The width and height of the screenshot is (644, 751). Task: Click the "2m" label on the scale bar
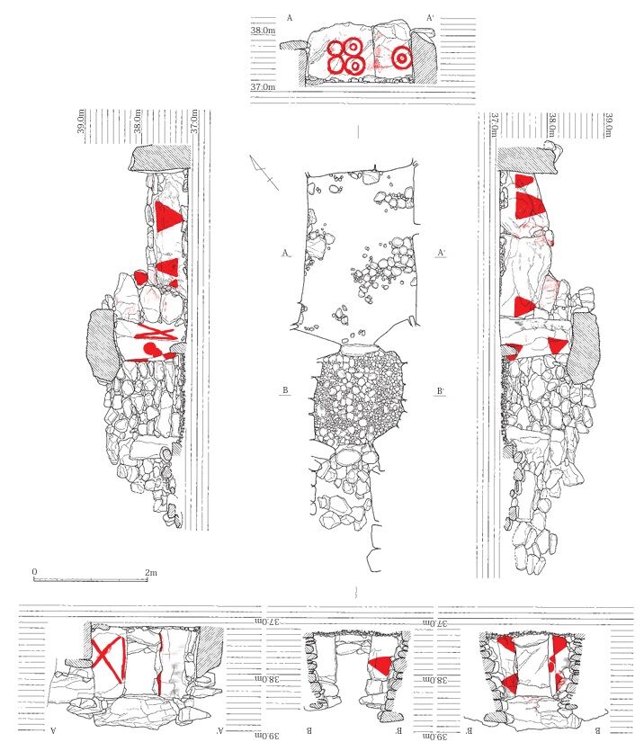pyautogui.click(x=151, y=572)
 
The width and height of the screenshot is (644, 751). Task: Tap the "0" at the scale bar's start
pyautogui.click(x=34, y=572)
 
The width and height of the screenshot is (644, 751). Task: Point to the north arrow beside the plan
pyautogui.click(x=264, y=172)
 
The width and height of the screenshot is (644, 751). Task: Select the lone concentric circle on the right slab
pyautogui.click(x=402, y=58)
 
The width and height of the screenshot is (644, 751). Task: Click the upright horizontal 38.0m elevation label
pyautogui.click(x=263, y=31)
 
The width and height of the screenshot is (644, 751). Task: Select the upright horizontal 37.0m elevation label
pyautogui.click(x=263, y=87)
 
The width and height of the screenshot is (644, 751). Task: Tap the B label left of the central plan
pyautogui.click(x=285, y=390)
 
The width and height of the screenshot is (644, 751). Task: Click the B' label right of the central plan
pyautogui.click(x=441, y=391)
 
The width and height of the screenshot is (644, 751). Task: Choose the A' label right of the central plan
pyautogui.click(x=442, y=253)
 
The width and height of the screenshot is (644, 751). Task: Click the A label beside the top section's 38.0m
pyautogui.click(x=290, y=18)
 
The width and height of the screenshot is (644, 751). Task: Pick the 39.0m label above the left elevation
pyautogui.click(x=81, y=121)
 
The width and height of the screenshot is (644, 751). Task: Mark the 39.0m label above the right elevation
pyautogui.click(x=609, y=124)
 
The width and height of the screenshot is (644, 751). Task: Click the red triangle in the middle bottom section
pyautogui.click(x=380, y=665)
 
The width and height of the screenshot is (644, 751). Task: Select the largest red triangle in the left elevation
pyautogui.click(x=167, y=217)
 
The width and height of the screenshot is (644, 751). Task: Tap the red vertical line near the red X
pyautogui.click(x=160, y=664)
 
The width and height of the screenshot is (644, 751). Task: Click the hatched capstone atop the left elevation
pyautogui.click(x=159, y=158)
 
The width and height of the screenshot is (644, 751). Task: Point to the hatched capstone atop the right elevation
pyautogui.click(x=528, y=158)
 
